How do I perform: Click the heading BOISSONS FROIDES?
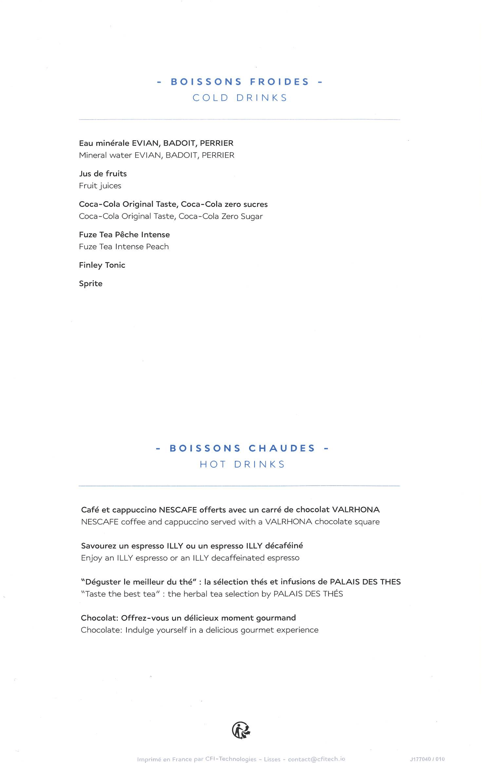click(240, 82)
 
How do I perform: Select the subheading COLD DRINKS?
click(240, 98)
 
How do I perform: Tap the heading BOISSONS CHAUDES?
click(242, 448)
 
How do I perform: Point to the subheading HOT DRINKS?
click(242, 464)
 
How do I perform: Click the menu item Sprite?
click(91, 284)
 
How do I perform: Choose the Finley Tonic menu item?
click(102, 265)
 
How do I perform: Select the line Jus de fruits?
click(103, 174)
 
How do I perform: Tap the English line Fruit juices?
click(100, 186)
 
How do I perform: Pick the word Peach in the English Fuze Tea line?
click(157, 246)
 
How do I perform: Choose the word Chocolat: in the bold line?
click(100, 618)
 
